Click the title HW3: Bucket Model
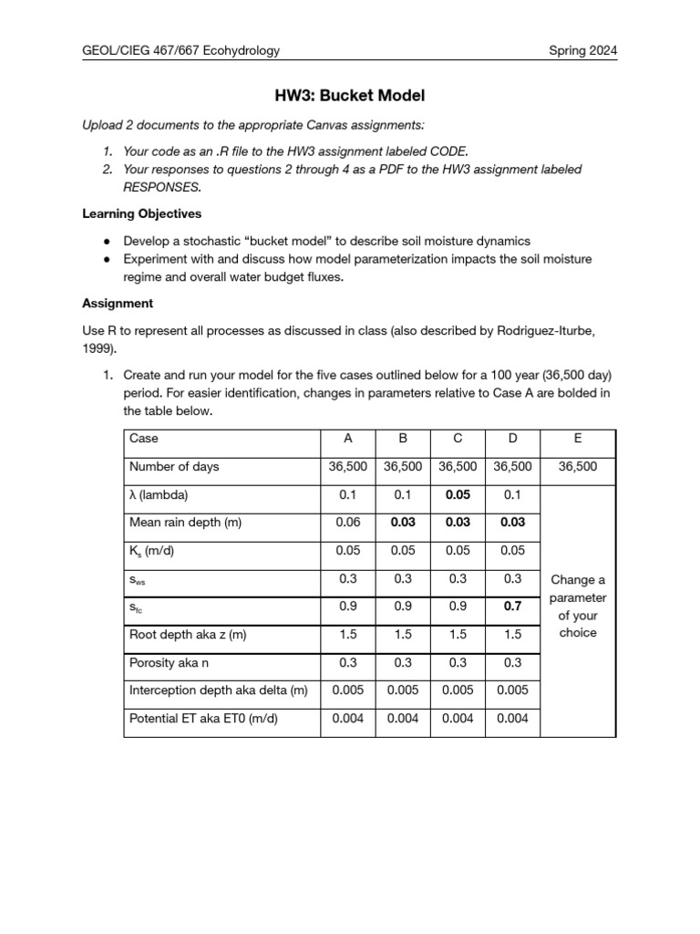click(350, 95)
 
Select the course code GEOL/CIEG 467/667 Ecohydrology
click(180, 51)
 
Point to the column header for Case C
click(458, 439)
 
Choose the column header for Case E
click(578, 439)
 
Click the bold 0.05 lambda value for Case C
click(458, 494)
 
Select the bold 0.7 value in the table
click(512, 606)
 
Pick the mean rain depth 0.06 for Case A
click(347, 523)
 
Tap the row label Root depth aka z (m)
click(188, 634)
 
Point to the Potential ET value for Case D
click(512, 719)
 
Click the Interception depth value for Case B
click(402, 690)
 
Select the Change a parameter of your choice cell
click(578, 606)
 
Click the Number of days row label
click(174, 467)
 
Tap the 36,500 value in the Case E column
click(578, 467)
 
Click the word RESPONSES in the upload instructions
click(160, 186)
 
